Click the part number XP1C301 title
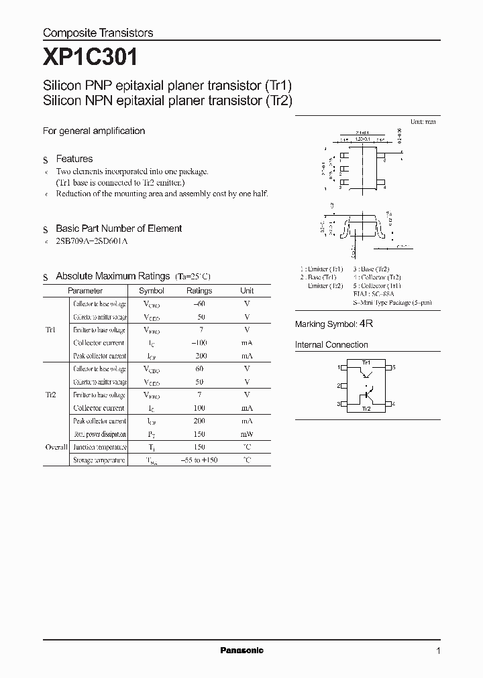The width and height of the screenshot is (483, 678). (x=91, y=58)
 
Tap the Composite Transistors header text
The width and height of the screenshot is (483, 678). (x=98, y=33)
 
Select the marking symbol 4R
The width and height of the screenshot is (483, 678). (x=366, y=324)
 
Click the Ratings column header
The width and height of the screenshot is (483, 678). (x=199, y=291)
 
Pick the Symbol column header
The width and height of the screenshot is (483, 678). (x=151, y=291)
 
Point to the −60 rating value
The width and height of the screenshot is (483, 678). (x=199, y=303)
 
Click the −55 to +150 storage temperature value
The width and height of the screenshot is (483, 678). (x=199, y=460)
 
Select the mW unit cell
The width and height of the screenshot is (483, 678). (x=247, y=434)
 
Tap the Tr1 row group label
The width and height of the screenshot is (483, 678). (x=50, y=330)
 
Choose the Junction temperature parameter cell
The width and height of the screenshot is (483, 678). (x=99, y=447)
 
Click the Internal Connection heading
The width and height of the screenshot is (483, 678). (x=331, y=345)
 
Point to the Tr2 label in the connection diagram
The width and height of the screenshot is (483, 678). (x=366, y=408)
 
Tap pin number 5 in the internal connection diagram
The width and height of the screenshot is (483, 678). (x=394, y=367)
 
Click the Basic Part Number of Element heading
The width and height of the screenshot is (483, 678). (x=119, y=228)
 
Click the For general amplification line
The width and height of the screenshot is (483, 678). (x=94, y=131)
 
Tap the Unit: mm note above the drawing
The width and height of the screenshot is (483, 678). (x=423, y=122)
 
